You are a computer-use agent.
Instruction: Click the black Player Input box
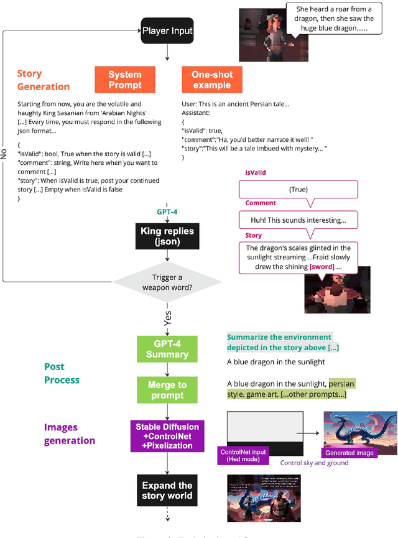(x=167, y=30)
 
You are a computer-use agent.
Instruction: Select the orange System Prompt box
(x=124, y=79)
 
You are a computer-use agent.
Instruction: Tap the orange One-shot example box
(x=211, y=79)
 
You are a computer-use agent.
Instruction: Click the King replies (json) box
(x=167, y=236)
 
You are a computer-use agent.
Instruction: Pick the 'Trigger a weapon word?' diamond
(x=167, y=283)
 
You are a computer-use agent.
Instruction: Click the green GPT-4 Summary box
(x=167, y=348)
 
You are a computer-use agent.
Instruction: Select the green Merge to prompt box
(x=167, y=390)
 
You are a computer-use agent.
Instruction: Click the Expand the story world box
(x=167, y=490)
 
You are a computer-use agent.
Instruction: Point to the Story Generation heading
(x=43, y=80)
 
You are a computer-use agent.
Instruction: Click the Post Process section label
(x=62, y=373)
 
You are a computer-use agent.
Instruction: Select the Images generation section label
(x=69, y=434)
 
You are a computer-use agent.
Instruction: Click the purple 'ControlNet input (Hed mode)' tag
(x=243, y=455)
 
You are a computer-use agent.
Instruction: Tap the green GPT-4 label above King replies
(x=167, y=211)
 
